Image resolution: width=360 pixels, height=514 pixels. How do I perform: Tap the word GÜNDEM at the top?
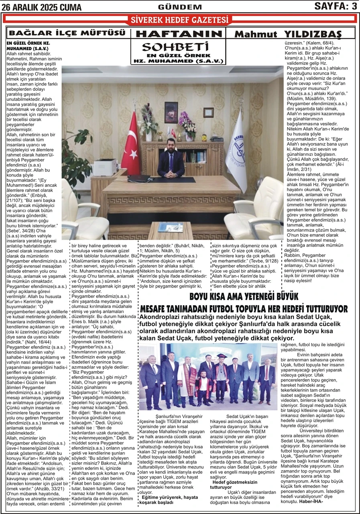click(174, 7)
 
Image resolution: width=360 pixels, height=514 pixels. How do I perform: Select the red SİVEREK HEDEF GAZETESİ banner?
click(179, 20)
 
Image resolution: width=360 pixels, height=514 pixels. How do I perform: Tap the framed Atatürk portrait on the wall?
click(171, 112)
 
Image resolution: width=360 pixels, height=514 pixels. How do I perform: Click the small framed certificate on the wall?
click(208, 112)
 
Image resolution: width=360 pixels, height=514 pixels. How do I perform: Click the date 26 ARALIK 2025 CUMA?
click(41, 7)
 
